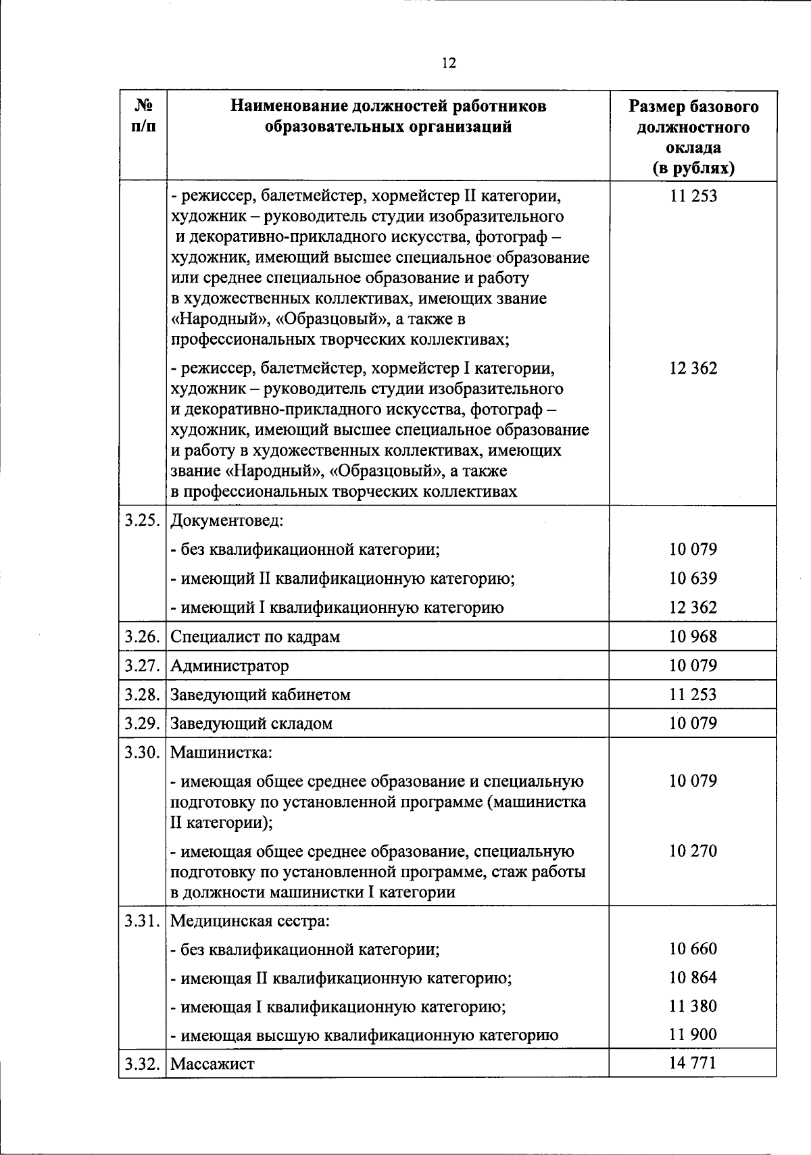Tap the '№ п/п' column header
143,116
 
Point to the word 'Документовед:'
226,521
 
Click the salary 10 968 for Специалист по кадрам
693,637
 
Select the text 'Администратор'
229,666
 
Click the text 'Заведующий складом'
251,724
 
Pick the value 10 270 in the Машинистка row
693,851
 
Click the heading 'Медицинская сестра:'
249,921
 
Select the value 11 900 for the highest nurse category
693,1034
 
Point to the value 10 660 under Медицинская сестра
693,949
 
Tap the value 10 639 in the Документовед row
693,579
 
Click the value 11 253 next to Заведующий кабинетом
693,695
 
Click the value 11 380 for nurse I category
693,1006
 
